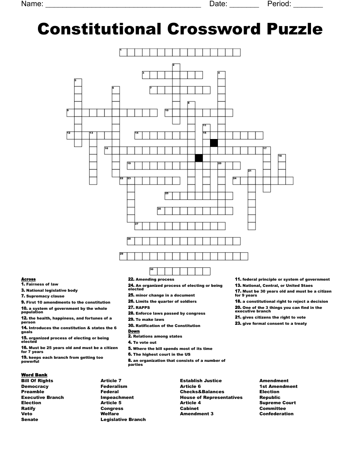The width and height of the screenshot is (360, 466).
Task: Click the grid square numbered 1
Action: point(123,53)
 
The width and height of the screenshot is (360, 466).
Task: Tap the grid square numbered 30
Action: point(153,271)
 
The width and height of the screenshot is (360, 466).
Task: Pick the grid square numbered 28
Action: point(131,241)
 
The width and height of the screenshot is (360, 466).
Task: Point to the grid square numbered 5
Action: point(78,83)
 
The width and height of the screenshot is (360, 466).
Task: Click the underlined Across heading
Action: point(28,279)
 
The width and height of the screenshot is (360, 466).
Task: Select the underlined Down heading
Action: point(134,331)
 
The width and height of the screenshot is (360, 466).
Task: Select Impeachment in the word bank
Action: point(117,397)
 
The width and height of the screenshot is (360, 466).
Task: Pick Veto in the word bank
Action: point(27,414)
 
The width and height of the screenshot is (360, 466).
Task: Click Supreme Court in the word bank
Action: point(277,403)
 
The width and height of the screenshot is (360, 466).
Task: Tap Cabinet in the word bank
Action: point(189,409)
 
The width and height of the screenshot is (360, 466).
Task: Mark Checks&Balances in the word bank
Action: point(202,392)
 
